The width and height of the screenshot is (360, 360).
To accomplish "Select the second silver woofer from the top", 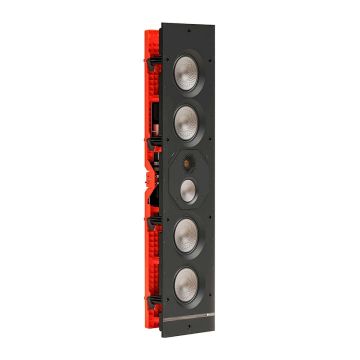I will tap(190, 123).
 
